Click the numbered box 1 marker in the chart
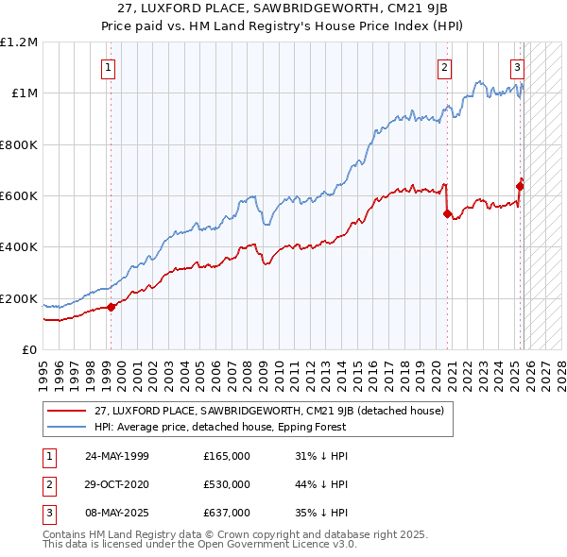pyautogui.click(x=110, y=67)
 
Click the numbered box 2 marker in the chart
pyautogui.click(x=444, y=67)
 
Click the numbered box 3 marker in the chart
pyautogui.click(x=518, y=67)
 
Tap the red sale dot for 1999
pyautogui.click(x=112, y=307)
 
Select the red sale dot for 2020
pyautogui.click(x=447, y=213)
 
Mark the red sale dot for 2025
pyautogui.click(x=520, y=186)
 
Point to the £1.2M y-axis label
pyautogui.click(x=19, y=42)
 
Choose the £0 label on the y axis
pyautogui.click(x=29, y=350)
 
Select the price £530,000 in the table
pyautogui.click(x=227, y=485)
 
